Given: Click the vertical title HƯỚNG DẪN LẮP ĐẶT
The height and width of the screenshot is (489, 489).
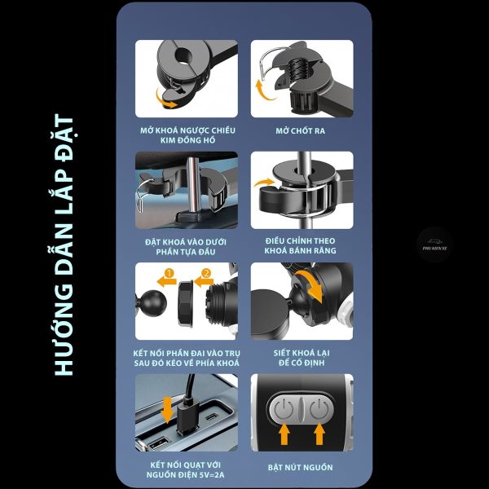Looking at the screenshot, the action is click(x=64, y=244).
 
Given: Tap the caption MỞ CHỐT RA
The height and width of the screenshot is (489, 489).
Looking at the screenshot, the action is click(x=300, y=130).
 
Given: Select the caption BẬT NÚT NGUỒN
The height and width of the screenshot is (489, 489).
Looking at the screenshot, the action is click(x=300, y=467).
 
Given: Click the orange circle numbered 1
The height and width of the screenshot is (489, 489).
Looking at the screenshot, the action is click(x=169, y=273).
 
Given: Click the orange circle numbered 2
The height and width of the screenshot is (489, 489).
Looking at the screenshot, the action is click(x=206, y=273).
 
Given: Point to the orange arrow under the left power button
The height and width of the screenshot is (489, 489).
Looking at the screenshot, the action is click(x=284, y=434).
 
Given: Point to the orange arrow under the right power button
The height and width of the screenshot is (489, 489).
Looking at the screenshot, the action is click(x=319, y=434).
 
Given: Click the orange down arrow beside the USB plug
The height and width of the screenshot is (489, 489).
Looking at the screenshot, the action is click(x=167, y=409).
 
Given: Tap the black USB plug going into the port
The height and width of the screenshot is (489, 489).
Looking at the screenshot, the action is click(x=187, y=416).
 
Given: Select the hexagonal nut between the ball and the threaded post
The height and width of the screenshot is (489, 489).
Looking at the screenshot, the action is click(x=185, y=304).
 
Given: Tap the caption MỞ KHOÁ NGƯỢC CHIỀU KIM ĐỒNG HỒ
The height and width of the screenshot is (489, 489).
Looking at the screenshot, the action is click(x=187, y=135).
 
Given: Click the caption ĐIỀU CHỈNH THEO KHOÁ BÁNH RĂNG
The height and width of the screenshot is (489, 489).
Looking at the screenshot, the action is click(x=300, y=246).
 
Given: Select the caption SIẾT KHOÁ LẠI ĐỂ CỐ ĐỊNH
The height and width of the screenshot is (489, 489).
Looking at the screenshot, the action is click(x=302, y=358).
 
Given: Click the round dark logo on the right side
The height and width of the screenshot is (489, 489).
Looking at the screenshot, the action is click(x=434, y=244).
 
